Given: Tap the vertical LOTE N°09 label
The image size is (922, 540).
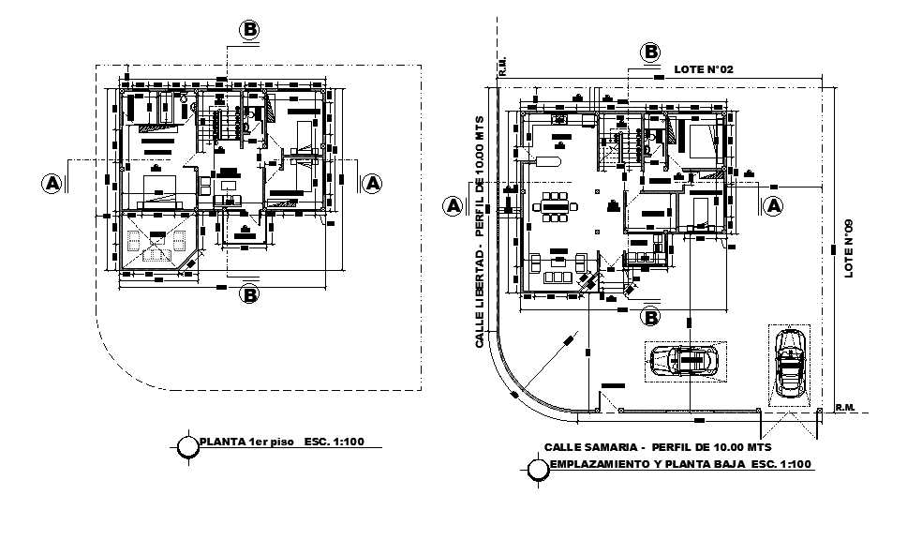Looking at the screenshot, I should pyautogui.click(x=851, y=248).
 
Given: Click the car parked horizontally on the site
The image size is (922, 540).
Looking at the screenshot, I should pyautogui.click(x=683, y=361).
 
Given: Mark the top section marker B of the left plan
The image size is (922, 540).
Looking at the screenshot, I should pyautogui.click(x=250, y=30).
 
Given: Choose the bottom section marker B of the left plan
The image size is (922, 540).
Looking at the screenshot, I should pyautogui.click(x=250, y=295).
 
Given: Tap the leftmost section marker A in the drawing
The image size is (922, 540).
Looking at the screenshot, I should pyautogui.click(x=52, y=183).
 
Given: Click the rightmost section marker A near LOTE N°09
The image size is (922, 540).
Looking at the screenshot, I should pyautogui.click(x=774, y=204).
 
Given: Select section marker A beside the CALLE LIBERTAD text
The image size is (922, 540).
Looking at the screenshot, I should pyautogui.click(x=454, y=204).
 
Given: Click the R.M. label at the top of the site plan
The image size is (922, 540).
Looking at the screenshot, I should pyautogui.click(x=503, y=66).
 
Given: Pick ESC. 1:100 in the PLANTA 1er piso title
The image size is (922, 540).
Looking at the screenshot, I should pyautogui.click(x=334, y=442).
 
